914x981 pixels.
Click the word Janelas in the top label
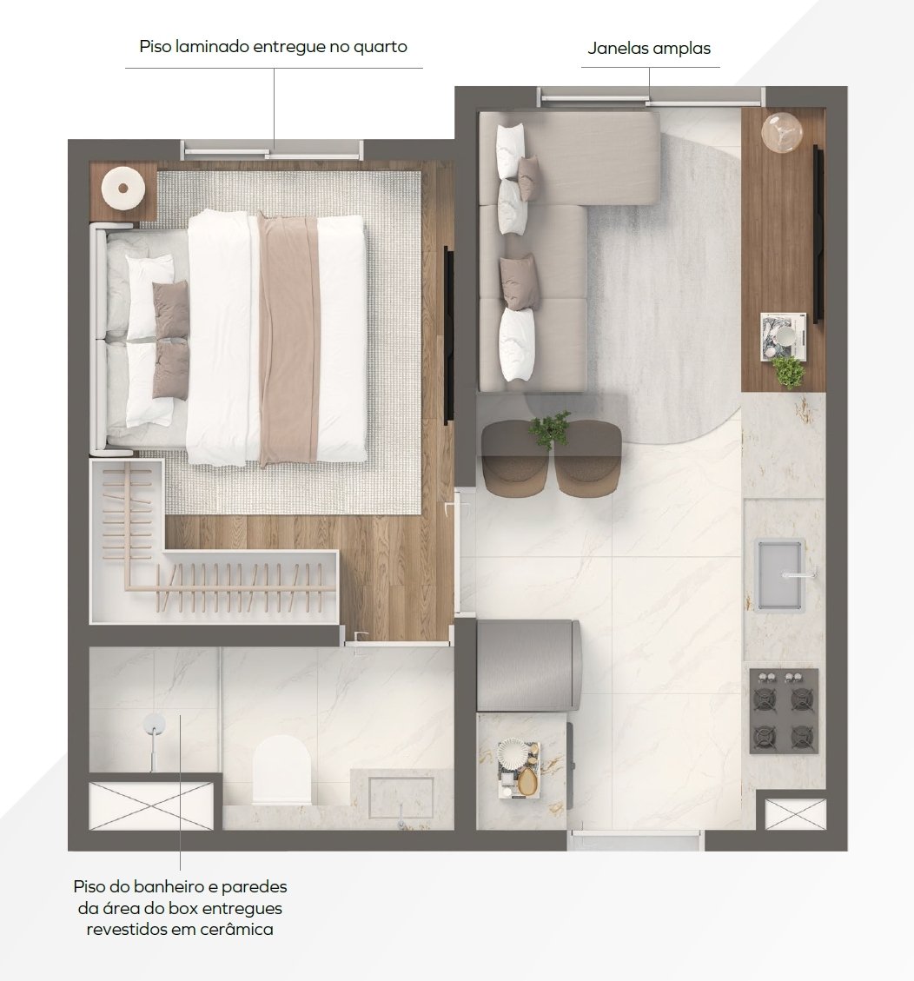tap(618, 48)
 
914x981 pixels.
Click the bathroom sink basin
tap(401, 797)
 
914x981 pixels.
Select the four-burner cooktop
tap(784, 711)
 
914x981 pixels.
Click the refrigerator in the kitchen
tap(529, 665)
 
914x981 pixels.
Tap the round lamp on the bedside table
tap(123, 188)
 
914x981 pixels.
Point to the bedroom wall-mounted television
tap(448, 335)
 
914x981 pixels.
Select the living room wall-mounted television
tap(818, 234)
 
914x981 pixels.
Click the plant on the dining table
tap(549, 429)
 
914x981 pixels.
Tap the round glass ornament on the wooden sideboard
tap(782, 131)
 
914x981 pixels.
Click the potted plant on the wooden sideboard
tap(788, 372)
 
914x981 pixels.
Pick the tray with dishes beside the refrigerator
tap(520, 770)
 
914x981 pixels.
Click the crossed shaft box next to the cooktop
tap(795, 814)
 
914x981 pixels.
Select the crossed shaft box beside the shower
tap(151, 805)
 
